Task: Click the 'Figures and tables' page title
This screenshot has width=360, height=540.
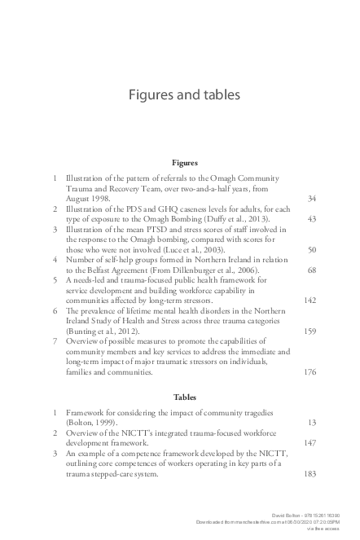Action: click(x=183, y=94)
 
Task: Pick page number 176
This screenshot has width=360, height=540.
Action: click(x=310, y=372)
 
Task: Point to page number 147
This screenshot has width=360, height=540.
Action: click(x=310, y=444)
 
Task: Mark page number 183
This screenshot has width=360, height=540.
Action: click(x=310, y=475)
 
